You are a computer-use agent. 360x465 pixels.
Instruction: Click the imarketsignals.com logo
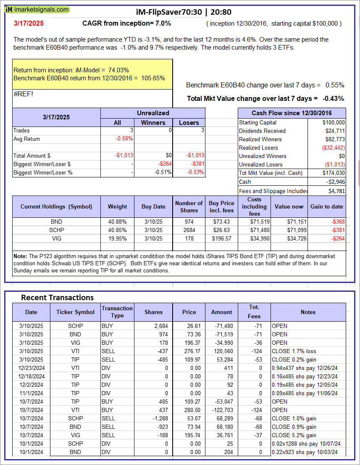[37, 9]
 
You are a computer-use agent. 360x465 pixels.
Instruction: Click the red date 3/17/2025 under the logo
[28, 24]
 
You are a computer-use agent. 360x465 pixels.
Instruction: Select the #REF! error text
[23, 94]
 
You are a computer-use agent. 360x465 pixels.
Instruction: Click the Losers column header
[189, 122]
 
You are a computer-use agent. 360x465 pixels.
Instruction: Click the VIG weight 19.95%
[118, 238]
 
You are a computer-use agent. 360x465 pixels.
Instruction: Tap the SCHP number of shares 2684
[189, 230]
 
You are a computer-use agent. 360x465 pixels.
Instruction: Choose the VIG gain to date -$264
[336, 238]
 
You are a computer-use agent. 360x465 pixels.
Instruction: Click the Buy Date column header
[153, 206]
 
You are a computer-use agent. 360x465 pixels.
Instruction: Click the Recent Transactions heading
[57, 297]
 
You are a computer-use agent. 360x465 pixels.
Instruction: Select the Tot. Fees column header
[254, 312]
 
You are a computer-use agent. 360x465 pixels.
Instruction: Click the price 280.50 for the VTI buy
[189, 410]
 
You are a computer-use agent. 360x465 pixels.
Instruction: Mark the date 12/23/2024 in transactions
[31, 368]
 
